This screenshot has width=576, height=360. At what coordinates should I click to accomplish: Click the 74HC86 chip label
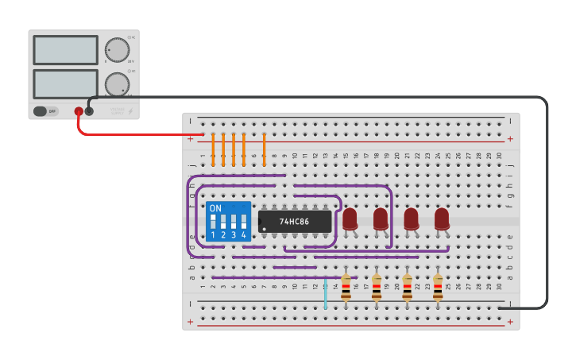[294, 222]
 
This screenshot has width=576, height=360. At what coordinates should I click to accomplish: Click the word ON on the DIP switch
[215, 208]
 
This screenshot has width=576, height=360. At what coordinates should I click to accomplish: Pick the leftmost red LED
[350, 219]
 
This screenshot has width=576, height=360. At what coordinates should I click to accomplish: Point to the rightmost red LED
[442, 219]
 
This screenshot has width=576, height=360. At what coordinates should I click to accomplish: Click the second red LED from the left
[381, 219]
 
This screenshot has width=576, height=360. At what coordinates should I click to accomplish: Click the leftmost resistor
[346, 288]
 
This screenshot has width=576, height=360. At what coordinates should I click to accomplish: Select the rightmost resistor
[438, 288]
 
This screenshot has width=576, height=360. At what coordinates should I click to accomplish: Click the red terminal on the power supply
[79, 111]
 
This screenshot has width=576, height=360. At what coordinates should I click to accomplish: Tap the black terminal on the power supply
[89, 111]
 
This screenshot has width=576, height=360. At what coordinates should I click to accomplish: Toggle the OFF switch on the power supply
[46, 111]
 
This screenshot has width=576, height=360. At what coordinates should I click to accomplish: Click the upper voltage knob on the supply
[117, 50]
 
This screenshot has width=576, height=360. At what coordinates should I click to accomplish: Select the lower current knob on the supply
[117, 83]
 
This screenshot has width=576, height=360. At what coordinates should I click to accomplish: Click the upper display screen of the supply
[66, 50]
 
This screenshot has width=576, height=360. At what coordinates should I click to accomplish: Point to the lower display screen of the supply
[66, 83]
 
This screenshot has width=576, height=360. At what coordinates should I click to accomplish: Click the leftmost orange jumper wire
[213, 149]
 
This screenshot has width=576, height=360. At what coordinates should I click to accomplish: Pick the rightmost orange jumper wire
[264, 149]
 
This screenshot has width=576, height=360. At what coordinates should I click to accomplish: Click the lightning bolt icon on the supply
[131, 112]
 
